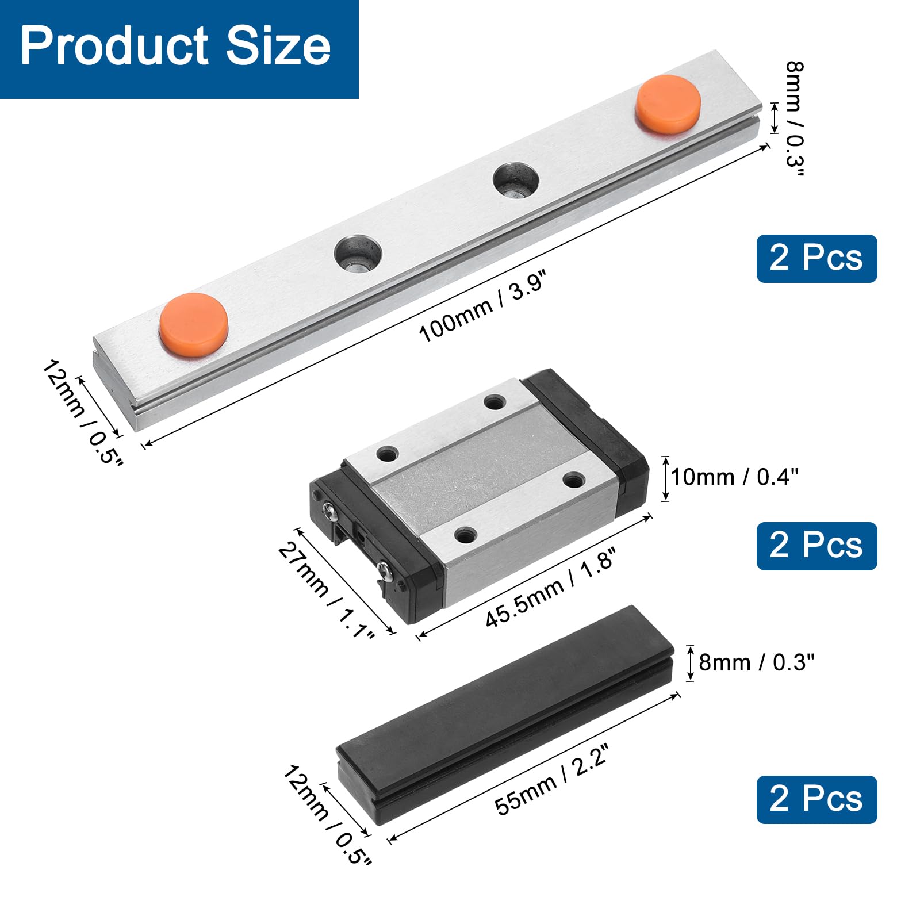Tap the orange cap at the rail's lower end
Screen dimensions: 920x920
(194, 324)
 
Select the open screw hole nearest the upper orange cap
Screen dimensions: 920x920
(516, 180)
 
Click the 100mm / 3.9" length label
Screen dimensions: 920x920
(481, 307)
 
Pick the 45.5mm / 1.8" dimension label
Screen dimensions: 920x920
(550, 587)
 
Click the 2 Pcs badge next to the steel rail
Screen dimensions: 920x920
(816, 258)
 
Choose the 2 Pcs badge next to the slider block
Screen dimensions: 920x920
(816, 546)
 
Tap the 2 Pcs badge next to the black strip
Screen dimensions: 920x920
(816, 799)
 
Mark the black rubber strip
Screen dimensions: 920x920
(506, 713)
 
